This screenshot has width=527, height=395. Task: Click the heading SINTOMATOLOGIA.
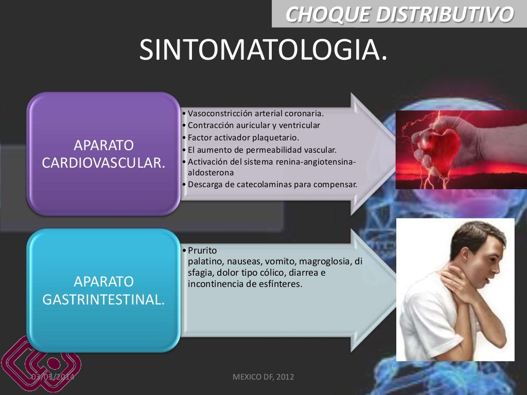click(263, 49)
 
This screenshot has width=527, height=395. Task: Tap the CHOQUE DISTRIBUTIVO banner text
click(399, 14)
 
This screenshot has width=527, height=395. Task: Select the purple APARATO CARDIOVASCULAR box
click(103, 153)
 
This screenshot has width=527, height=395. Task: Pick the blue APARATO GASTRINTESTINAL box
click(103, 290)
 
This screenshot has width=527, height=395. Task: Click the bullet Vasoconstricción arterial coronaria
click(256, 113)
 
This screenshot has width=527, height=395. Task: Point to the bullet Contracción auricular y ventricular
click(254, 125)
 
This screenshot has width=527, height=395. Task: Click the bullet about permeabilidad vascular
click(262, 150)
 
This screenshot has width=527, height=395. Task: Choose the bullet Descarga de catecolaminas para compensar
click(272, 184)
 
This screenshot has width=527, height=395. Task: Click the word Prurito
click(202, 250)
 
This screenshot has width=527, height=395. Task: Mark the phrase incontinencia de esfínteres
click(244, 284)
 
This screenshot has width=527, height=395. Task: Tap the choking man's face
click(481, 262)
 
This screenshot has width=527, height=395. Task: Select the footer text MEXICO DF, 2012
click(263, 377)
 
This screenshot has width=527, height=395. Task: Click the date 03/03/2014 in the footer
click(52, 377)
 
